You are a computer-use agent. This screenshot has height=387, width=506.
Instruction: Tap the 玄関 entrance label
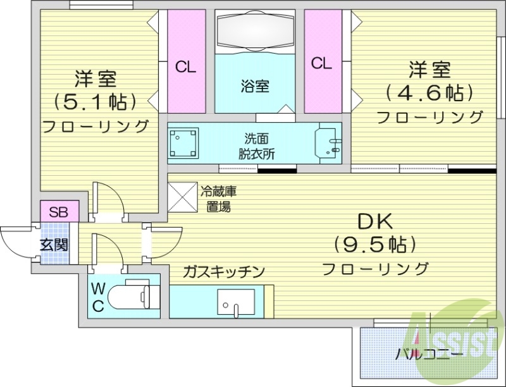point(55,244)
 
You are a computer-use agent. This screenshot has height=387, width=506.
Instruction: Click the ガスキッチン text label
point(223,271)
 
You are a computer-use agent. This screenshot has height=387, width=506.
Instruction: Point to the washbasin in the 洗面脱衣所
point(328,143)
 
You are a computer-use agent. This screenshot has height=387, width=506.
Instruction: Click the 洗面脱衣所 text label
point(256,145)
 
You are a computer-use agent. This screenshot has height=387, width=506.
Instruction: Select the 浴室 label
point(255,86)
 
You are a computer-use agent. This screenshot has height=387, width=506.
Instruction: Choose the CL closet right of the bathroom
point(321,63)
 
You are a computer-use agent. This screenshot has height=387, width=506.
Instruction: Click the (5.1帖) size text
point(95,101)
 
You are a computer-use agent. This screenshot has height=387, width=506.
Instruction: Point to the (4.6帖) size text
point(429,93)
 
